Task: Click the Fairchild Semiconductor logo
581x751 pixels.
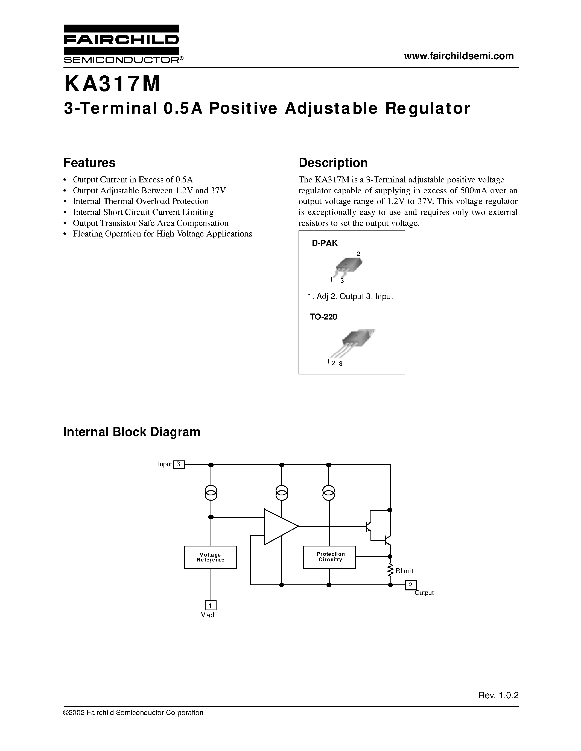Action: coord(121,44)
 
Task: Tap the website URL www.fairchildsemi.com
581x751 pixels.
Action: coord(459,56)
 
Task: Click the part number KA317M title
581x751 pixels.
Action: coord(112,84)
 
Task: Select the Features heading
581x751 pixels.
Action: coord(89,163)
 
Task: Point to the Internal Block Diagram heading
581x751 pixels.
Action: coord(132,432)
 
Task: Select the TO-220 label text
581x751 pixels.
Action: coord(323,317)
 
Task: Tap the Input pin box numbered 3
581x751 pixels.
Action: coord(178,464)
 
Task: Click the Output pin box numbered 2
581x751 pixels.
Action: coord(410,585)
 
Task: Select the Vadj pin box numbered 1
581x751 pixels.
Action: coord(210,605)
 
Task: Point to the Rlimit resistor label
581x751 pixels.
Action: coord(404,571)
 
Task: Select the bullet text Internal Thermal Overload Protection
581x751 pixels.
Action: coord(141,201)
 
